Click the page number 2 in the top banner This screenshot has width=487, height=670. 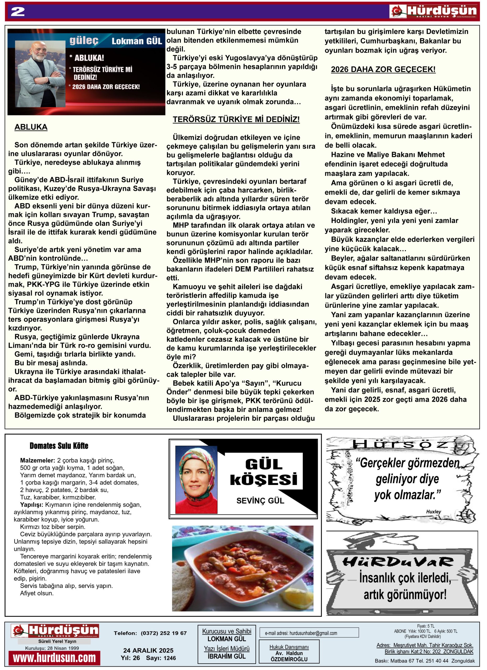(18, 12)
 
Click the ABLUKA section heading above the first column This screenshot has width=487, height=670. (31, 127)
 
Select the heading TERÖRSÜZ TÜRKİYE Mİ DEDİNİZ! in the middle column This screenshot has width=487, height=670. (236, 119)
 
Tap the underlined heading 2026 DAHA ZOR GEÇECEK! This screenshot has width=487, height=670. (383, 69)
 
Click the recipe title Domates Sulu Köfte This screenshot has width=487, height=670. (59, 445)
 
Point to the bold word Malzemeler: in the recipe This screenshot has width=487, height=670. (37, 460)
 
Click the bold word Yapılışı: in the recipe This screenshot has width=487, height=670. (32, 505)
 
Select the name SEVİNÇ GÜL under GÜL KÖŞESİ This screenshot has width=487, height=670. (260, 500)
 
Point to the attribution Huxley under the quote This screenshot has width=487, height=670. (433, 511)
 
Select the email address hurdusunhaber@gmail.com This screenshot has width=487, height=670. (301, 633)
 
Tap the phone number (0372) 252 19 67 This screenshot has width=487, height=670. (164, 633)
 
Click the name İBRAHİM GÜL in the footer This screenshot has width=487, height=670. (227, 656)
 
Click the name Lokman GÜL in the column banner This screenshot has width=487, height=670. (137, 41)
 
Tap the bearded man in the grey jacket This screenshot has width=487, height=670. (41, 74)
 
